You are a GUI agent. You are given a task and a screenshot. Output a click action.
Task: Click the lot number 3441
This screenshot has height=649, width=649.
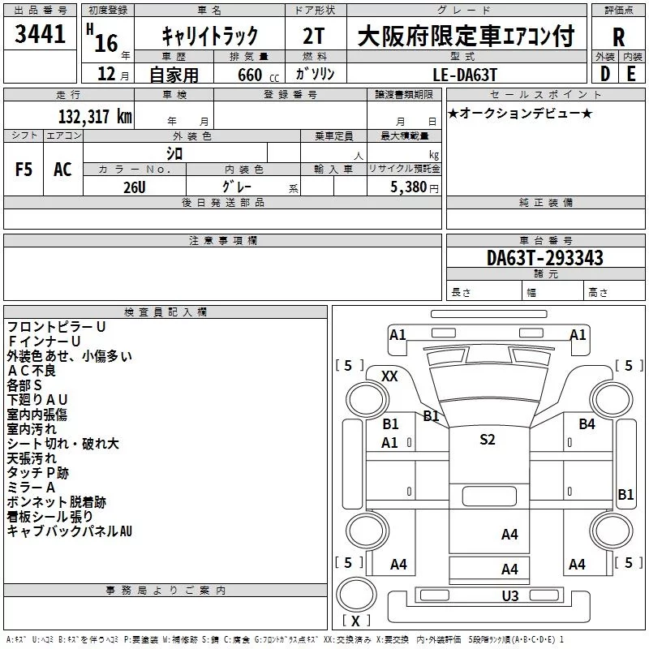[40, 34]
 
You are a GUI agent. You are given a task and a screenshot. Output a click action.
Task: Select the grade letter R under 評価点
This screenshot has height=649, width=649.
[618, 37]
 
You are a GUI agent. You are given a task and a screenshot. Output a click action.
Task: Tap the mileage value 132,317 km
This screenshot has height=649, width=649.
[95, 117]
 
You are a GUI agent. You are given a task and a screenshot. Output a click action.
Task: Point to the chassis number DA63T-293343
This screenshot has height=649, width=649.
[545, 258]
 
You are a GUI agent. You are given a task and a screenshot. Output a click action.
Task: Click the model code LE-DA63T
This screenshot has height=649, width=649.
[464, 75]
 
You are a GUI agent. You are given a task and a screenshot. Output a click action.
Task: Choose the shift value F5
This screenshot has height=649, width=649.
[24, 170]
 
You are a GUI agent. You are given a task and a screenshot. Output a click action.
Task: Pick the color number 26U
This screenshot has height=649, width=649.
[135, 187]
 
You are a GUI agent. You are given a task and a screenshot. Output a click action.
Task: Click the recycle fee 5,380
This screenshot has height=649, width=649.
[408, 187]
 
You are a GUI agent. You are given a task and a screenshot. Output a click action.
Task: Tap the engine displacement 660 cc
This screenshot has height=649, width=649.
[258, 75]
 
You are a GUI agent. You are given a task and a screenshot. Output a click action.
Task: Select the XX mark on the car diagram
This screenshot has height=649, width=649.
[389, 376]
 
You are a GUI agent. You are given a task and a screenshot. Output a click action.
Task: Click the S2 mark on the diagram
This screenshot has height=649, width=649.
[488, 439]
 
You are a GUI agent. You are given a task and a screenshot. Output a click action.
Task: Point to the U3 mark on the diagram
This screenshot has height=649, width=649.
[510, 596]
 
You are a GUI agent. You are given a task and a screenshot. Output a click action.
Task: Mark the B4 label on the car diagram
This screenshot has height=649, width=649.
[587, 423]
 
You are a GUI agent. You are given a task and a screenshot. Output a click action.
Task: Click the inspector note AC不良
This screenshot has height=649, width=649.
[32, 371]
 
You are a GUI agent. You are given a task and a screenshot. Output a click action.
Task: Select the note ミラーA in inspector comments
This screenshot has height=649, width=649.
[31, 488]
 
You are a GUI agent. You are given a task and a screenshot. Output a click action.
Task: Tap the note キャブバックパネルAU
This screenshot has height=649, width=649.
[70, 531]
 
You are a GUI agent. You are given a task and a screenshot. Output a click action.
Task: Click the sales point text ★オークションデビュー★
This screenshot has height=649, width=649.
[520, 114]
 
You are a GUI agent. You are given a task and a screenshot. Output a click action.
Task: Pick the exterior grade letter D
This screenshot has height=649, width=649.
[605, 74]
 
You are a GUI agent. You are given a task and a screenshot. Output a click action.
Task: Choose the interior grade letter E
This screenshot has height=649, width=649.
[631, 74]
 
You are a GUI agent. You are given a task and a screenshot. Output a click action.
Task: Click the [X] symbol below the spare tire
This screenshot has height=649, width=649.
[355, 621]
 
